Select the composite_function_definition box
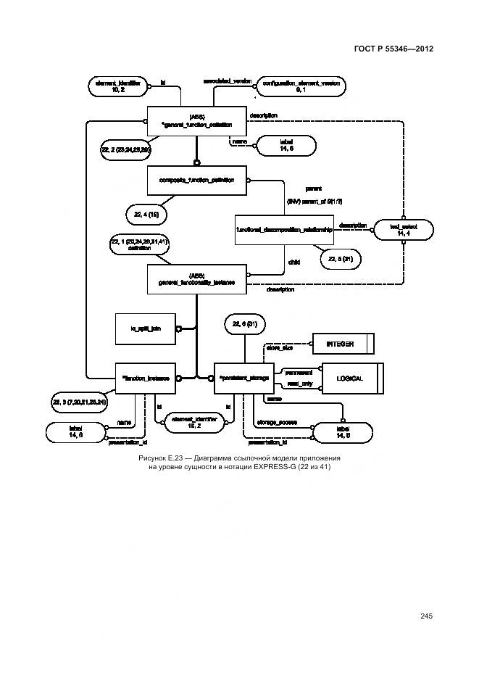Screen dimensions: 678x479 coord(197,180)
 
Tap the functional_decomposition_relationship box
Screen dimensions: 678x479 coord(284,229)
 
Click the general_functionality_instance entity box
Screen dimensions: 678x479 coord(197,279)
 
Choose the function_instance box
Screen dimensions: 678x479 coord(146,378)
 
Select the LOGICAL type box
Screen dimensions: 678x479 coord(346,379)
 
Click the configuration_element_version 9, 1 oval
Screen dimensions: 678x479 coord(301,86)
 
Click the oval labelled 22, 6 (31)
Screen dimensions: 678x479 coord(244,324)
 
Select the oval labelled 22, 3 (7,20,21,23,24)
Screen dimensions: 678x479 coord(80,402)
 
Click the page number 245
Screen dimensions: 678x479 coord(425,616)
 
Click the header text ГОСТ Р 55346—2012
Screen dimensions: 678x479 coord(394,49)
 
